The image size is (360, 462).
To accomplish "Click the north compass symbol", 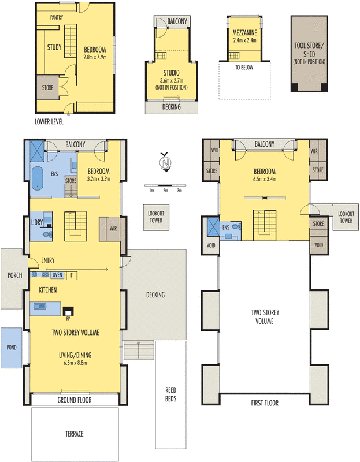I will [x=166, y=163].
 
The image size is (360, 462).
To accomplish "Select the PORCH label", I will [x=14, y=275].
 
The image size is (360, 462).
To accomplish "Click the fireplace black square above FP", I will [x=68, y=310].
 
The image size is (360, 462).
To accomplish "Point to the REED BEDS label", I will [x=170, y=394].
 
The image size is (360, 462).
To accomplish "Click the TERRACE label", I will [x=75, y=434].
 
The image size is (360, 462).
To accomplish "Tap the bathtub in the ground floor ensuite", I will [x=37, y=178].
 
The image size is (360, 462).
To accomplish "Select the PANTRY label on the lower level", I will [x=57, y=18].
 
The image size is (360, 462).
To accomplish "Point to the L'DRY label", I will [x=39, y=222].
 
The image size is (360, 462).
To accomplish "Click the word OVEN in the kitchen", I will [x=58, y=275].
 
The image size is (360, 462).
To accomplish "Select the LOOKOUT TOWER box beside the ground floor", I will [x=155, y=217].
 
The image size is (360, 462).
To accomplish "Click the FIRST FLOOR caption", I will [x=264, y=403].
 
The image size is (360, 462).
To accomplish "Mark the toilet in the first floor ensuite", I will [x=237, y=228].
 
